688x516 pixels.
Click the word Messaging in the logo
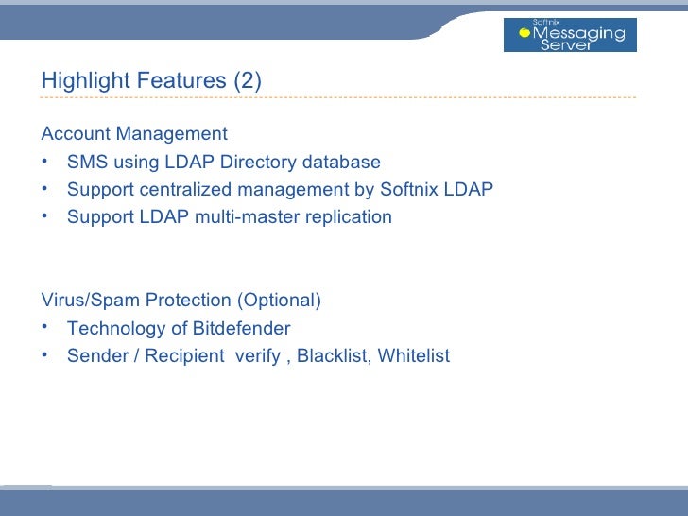coord(578,33)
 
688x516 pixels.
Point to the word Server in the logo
coord(565,45)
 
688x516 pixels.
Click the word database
coord(343,163)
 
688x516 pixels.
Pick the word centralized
coord(185,190)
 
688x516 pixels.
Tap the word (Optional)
coord(279,301)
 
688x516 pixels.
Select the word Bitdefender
coord(241,329)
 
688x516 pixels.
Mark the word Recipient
coord(184,356)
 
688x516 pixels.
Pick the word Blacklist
coord(332,356)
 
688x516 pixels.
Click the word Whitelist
coord(413,356)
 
